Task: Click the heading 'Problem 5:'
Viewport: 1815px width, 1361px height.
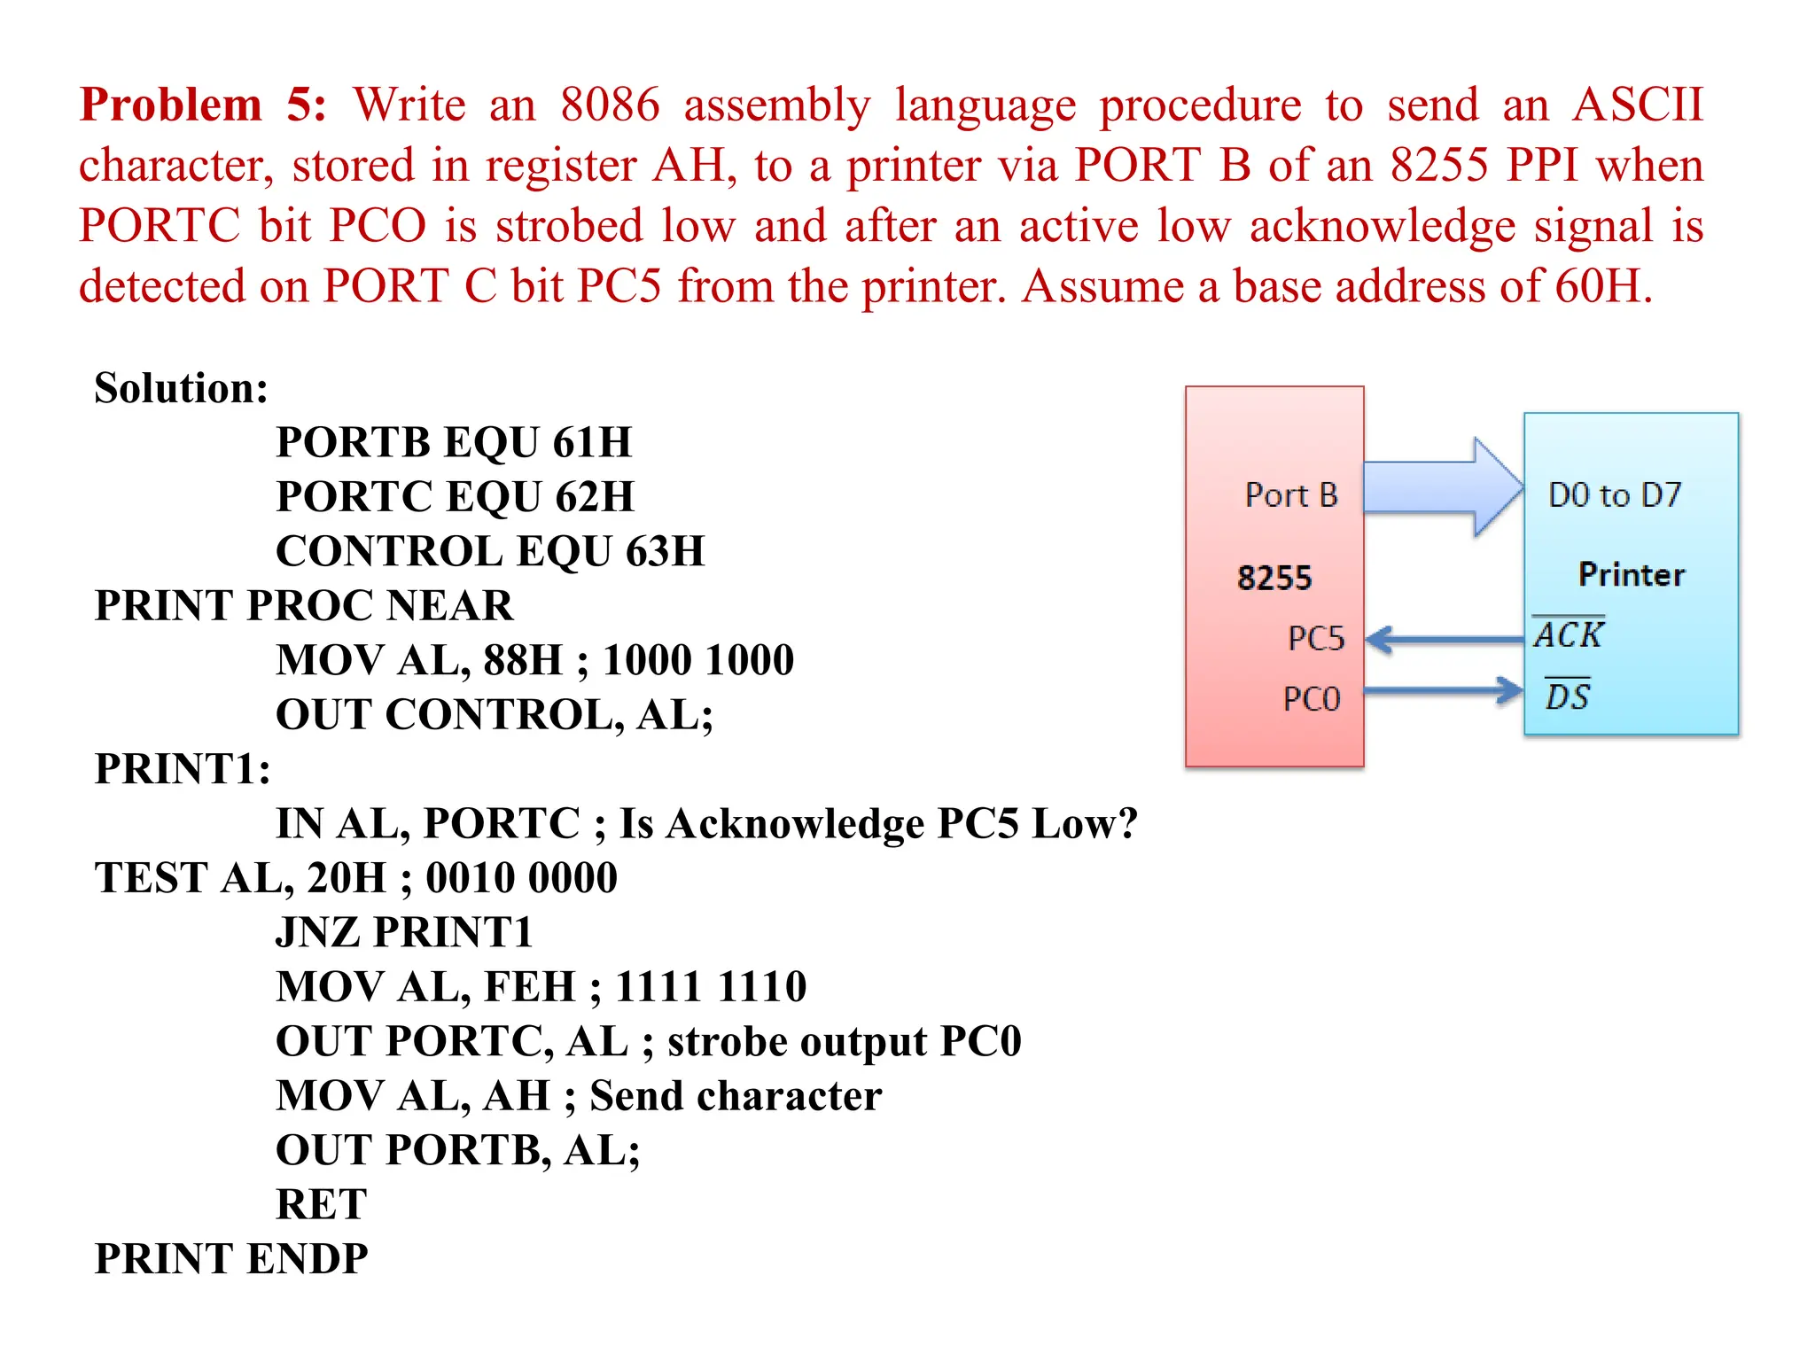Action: (203, 105)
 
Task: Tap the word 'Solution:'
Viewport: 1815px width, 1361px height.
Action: (181, 388)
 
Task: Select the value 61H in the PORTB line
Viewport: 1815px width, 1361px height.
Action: (592, 442)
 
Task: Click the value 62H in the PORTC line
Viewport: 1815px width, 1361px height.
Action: (594, 497)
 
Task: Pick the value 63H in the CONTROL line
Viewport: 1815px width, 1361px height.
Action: (665, 551)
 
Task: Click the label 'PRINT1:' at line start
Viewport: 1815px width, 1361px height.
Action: (183, 769)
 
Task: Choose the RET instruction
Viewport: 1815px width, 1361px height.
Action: (321, 1204)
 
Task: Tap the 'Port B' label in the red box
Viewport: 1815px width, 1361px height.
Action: (1290, 495)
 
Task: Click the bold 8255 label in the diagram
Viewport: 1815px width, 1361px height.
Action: (1274, 579)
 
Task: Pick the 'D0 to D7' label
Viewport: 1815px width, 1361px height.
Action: (1614, 495)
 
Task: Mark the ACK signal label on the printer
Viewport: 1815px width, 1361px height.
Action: (1568, 634)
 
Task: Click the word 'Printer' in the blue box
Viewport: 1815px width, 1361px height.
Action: (1631, 575)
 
